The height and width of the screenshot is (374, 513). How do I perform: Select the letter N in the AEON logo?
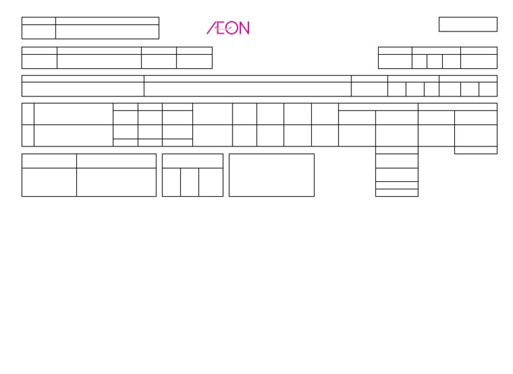coord(243,28)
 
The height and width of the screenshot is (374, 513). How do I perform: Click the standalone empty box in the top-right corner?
coord(468,24)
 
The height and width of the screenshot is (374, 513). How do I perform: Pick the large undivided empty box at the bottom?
coord(271,175)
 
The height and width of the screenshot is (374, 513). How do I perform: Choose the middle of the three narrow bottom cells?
coord(189,182)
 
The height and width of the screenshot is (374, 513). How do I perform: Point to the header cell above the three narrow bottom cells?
coord(192,161)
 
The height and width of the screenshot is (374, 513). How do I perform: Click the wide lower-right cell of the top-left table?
coord(107,31)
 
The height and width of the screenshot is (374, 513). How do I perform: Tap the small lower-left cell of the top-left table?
coord(39,31)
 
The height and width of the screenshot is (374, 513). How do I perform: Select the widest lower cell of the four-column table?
coord(99,62)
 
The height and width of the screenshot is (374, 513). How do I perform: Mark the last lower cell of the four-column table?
coord(194,62)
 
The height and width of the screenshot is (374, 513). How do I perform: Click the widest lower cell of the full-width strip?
coord(248,89)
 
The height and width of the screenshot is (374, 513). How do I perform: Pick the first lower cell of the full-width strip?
coord(83,89)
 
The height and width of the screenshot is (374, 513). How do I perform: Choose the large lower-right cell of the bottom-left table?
coord(116,182)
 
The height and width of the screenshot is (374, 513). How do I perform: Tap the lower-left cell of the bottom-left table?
coord(49,182)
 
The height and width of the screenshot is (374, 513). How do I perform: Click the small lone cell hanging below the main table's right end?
coord(476,150)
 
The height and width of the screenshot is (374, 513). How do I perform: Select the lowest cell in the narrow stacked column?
coord(397,193)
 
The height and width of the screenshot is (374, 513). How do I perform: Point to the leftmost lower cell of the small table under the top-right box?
coord(395,62)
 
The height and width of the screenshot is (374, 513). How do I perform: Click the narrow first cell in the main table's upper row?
coord(27,114)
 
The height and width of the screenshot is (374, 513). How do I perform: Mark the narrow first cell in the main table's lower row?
coord(27,135)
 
